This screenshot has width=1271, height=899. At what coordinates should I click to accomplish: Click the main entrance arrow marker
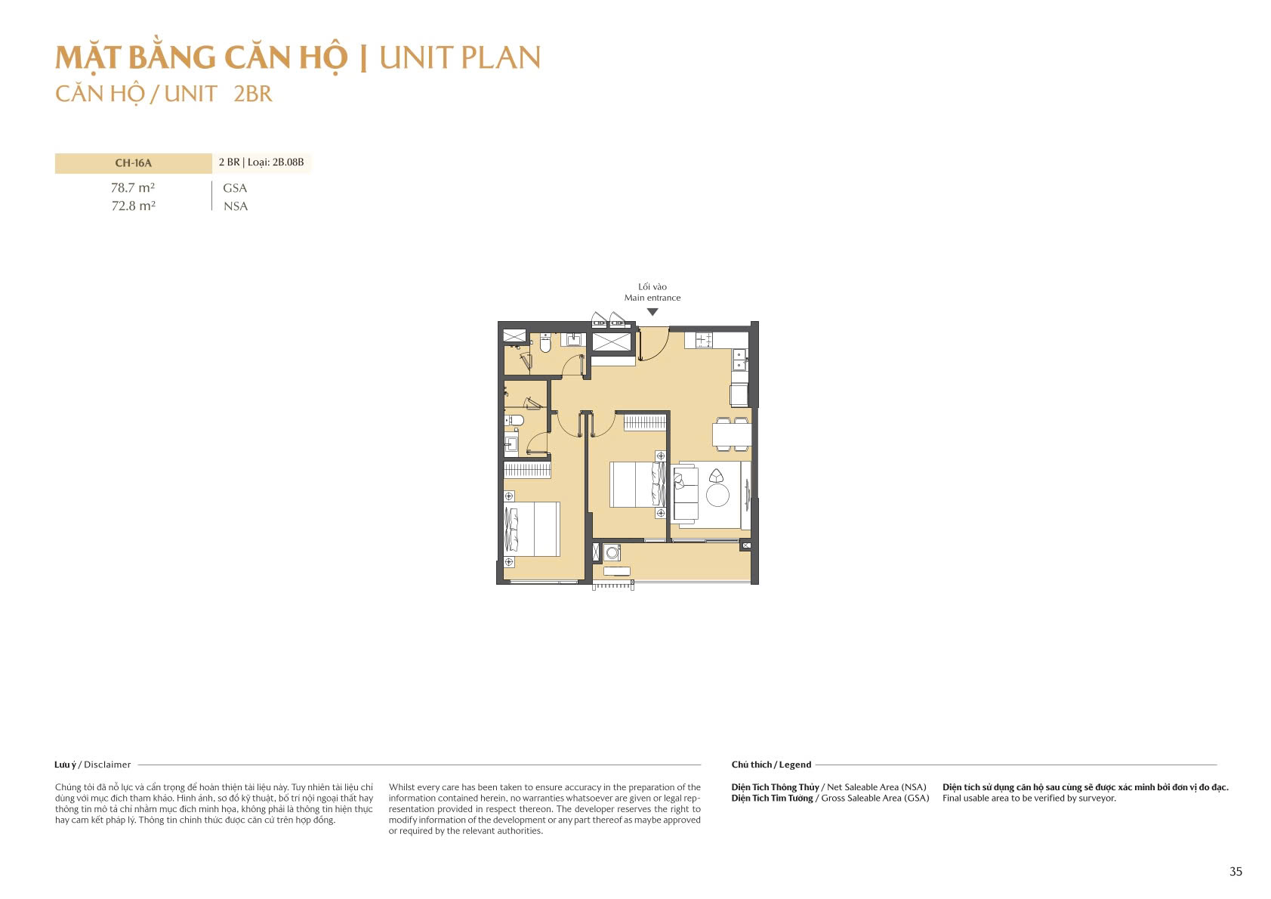(x=652, y=312)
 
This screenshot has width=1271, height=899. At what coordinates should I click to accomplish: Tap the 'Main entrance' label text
(x=652, y=298)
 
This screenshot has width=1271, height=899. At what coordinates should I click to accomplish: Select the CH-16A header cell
(x=133, y=163)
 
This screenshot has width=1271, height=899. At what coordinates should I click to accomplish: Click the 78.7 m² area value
(x=133, y=187)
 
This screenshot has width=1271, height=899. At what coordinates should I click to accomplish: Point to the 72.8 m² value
(x=133, y=205)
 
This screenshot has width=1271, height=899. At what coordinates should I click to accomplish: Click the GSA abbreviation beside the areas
(x=235, y=188)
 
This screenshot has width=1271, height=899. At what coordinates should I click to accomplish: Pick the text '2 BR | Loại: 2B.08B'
(x=261, y=162)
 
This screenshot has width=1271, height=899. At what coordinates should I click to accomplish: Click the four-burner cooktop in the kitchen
(x=704, y=340)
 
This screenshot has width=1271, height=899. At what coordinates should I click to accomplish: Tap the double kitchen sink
(x=739, y=360)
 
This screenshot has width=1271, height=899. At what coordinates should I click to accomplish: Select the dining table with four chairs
(x=732, y=434)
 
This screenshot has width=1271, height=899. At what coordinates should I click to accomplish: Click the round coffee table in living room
(x=717, y=496)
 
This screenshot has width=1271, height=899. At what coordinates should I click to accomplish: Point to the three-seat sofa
(x=684, y=495)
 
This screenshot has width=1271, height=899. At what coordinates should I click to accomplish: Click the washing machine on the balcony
(x=612, y=552)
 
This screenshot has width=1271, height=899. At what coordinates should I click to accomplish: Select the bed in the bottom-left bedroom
(x=532, y=529)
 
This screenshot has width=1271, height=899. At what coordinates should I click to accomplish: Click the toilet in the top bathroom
(x=545, y=344)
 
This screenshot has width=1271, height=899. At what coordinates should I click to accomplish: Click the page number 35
(x=1236, y=871)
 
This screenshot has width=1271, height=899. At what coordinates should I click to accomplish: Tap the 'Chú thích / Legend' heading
(x=771, y=765)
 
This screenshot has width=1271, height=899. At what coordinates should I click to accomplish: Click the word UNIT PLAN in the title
(x=460, y=58)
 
